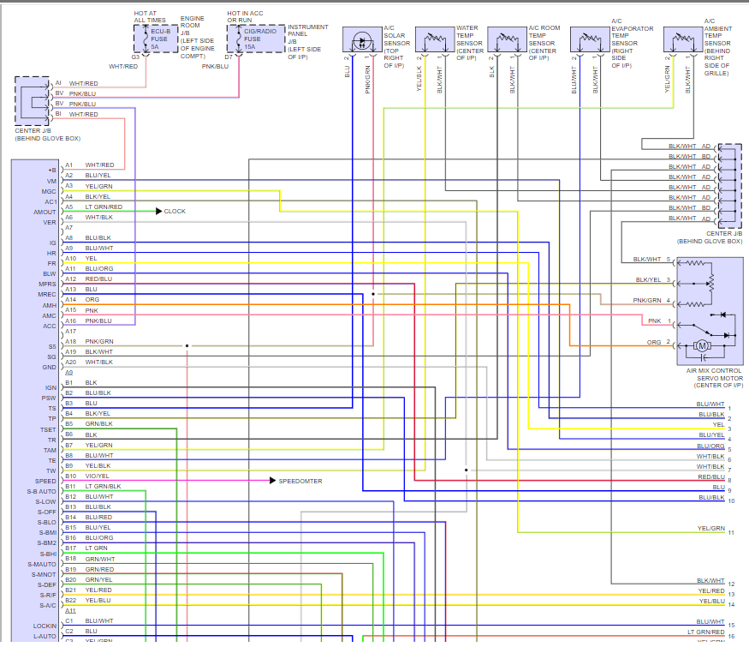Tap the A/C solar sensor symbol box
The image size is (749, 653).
[x=363, y=41]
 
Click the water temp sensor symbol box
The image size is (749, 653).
[x=435, y=41]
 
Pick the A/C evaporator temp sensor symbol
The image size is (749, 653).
[x=591, y=41]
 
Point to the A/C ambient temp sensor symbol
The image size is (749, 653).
[x=682, y=41]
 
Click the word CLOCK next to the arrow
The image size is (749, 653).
[x=175, y=211]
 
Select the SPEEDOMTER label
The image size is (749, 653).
[x=300, y=481]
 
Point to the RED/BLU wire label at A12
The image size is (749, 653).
[x=98, y=279]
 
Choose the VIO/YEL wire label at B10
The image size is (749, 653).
[x=98, y=476]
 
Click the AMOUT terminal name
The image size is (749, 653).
[x=45, y=212]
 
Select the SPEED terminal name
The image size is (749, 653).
[x=46, y=481]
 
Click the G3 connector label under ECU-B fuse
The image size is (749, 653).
[x=135, y=57]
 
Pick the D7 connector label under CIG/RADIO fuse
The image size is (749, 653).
[x=229, y=57]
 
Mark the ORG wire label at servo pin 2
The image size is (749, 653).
[x=654, y=342]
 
